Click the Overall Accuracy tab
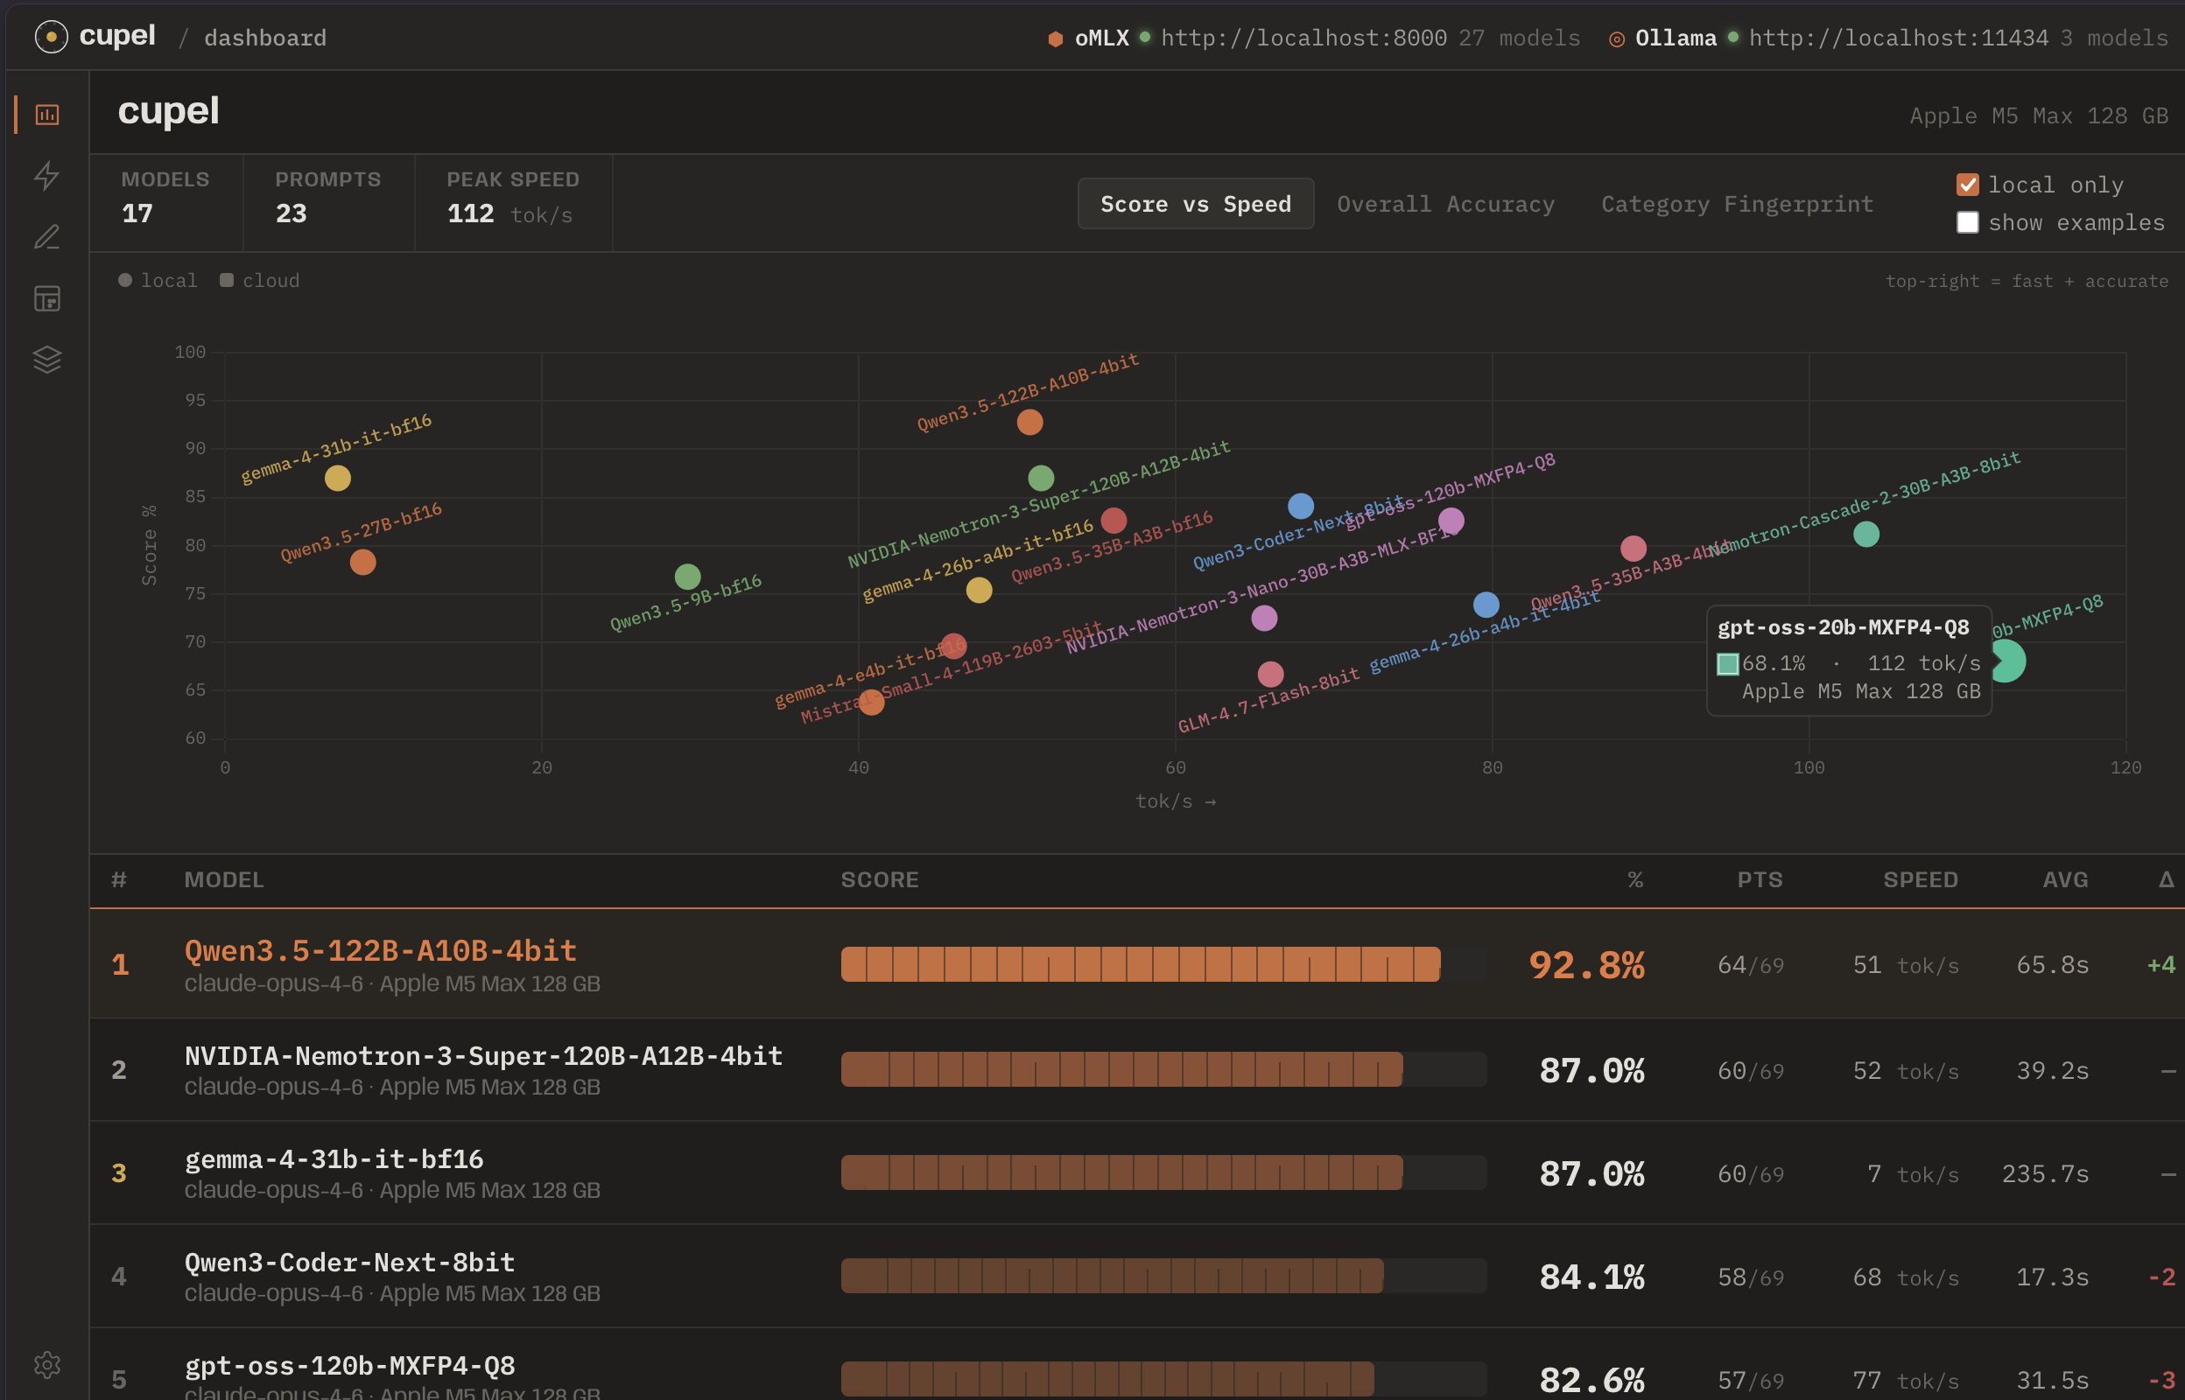point(1444,205)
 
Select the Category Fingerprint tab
point(1737,205)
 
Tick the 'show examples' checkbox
point(1967,223)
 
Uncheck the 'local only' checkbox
point(1967,185)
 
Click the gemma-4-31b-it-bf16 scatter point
point(337,478)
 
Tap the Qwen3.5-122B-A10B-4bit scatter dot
point(1029,422)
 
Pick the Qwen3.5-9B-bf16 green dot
point(687,577)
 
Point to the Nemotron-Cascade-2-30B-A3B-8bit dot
point(1865,534)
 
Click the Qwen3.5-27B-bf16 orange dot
point(362,562)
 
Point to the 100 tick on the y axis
point(190,352)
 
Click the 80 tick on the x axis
point(1491,768)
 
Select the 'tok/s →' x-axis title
point(1175,801)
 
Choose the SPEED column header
point(1920,880)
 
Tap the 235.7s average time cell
point(2045,1173)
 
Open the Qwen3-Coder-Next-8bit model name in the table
point(349,1263)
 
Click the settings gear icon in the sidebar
point(47,1364)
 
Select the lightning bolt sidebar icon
point(47,176)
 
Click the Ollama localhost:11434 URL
point(1899,38)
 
